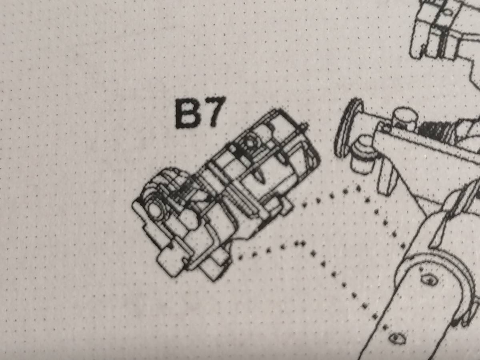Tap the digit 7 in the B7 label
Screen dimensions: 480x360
coord(214,112)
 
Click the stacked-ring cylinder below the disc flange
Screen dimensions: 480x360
coord(362,155)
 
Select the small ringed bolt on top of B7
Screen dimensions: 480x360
coord(249,142)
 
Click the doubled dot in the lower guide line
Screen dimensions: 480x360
coord(299,243)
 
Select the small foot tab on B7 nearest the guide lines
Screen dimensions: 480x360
coord(287,206)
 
